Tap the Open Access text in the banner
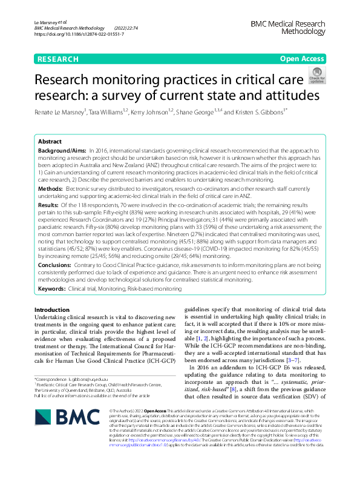(302, 59)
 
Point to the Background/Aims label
(62, 150)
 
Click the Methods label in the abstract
(53, 190)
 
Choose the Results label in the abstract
(51, 205)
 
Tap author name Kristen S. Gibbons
(292, 112)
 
